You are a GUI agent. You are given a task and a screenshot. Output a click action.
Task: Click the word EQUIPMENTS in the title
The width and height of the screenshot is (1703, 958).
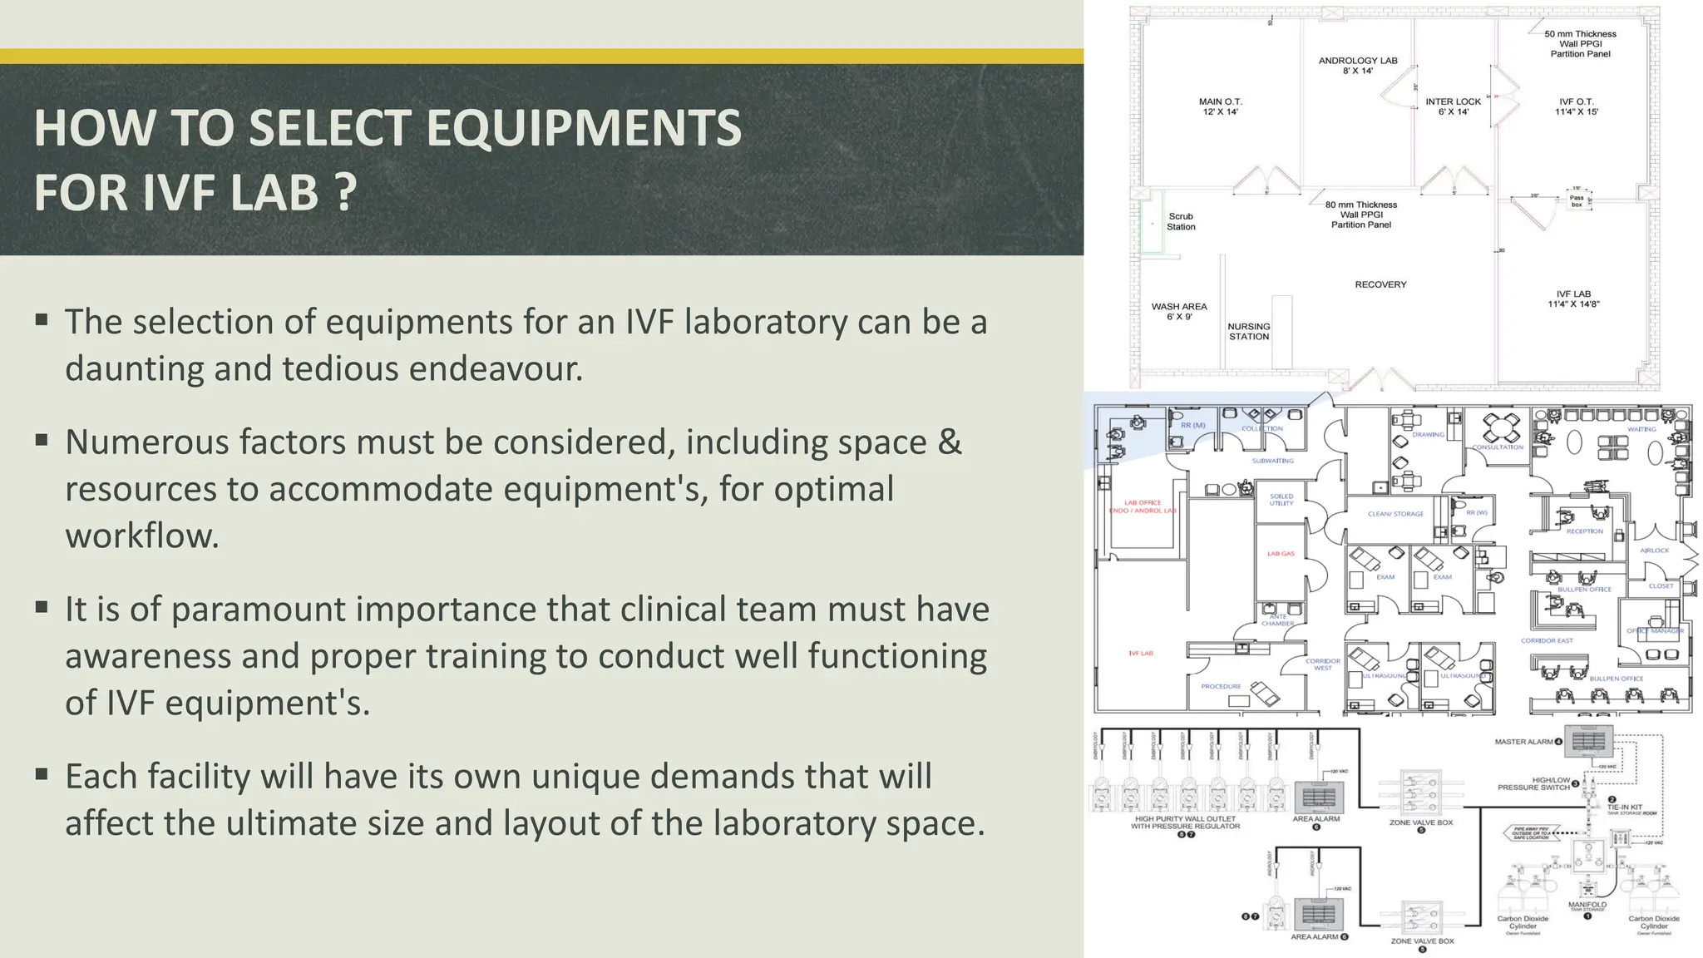(584, 129)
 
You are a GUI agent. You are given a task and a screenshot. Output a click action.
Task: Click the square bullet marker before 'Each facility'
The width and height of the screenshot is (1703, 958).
(42, 775)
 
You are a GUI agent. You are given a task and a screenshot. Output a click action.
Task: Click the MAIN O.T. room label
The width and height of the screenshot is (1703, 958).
(1220, 106)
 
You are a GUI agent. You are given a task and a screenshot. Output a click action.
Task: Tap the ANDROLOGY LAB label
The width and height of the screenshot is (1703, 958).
(1357, 65)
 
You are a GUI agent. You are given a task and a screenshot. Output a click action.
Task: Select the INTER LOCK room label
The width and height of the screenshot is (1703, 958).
(1453, 106)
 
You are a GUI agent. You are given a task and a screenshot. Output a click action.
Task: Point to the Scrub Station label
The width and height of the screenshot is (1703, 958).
(1181, 221)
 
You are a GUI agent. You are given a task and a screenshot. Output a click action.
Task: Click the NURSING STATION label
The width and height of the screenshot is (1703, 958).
(1248, 331)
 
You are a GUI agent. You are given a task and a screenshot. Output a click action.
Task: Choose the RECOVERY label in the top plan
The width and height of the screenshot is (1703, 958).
(1380, 284)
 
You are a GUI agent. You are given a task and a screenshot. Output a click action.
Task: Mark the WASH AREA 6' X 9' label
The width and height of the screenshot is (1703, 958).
(1179, 311)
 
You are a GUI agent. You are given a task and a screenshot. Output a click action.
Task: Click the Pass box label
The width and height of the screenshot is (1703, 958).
(1577, 201)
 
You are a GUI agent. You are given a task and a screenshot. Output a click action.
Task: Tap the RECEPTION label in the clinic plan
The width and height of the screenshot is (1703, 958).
(1584, 531)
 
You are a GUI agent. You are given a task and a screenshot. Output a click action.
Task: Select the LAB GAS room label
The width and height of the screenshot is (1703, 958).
(1281, 553)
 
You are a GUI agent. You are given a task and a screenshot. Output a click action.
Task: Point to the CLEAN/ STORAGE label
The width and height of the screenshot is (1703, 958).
(1395, 514)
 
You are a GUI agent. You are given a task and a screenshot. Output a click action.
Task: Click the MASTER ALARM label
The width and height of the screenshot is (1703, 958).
(1524, 742)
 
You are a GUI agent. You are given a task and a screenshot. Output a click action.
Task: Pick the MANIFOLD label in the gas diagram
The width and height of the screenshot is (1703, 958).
(1587, 905)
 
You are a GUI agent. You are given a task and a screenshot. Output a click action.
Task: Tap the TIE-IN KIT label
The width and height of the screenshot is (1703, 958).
(1624, 807)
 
